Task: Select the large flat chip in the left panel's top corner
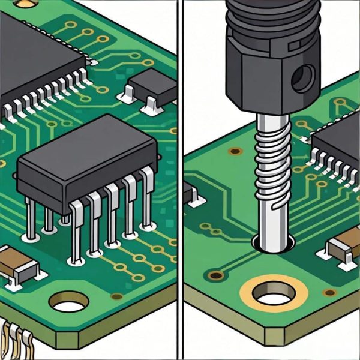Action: pos(36,60)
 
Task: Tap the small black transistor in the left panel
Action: pos(153,84)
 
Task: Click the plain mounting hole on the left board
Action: pos(68,303)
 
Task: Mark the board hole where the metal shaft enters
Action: pos(273,243)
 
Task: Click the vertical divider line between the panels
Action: pos(180,180)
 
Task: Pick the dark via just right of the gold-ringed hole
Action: pos(329,293)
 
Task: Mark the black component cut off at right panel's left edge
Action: pos(189,192)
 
